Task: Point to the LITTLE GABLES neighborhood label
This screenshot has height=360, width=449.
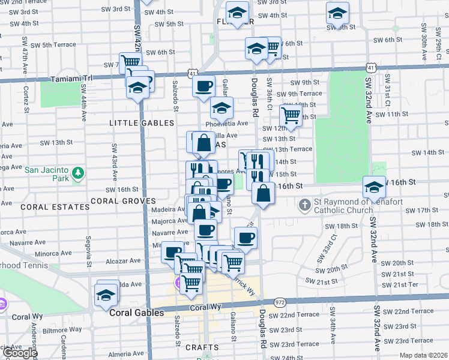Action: click(x=140, y=123)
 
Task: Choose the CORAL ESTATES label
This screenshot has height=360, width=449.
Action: click(x=46, y=206)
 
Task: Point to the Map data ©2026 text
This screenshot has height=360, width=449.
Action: click(x=423, y=355)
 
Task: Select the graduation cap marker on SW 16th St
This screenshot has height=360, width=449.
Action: click(x=374, y=187)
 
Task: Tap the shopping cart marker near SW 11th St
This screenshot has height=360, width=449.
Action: click(x=291, y=115)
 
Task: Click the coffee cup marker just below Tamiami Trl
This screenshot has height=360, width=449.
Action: click(x=203, y=86)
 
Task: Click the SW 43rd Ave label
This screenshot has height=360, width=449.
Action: click(x=113, y=162)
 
